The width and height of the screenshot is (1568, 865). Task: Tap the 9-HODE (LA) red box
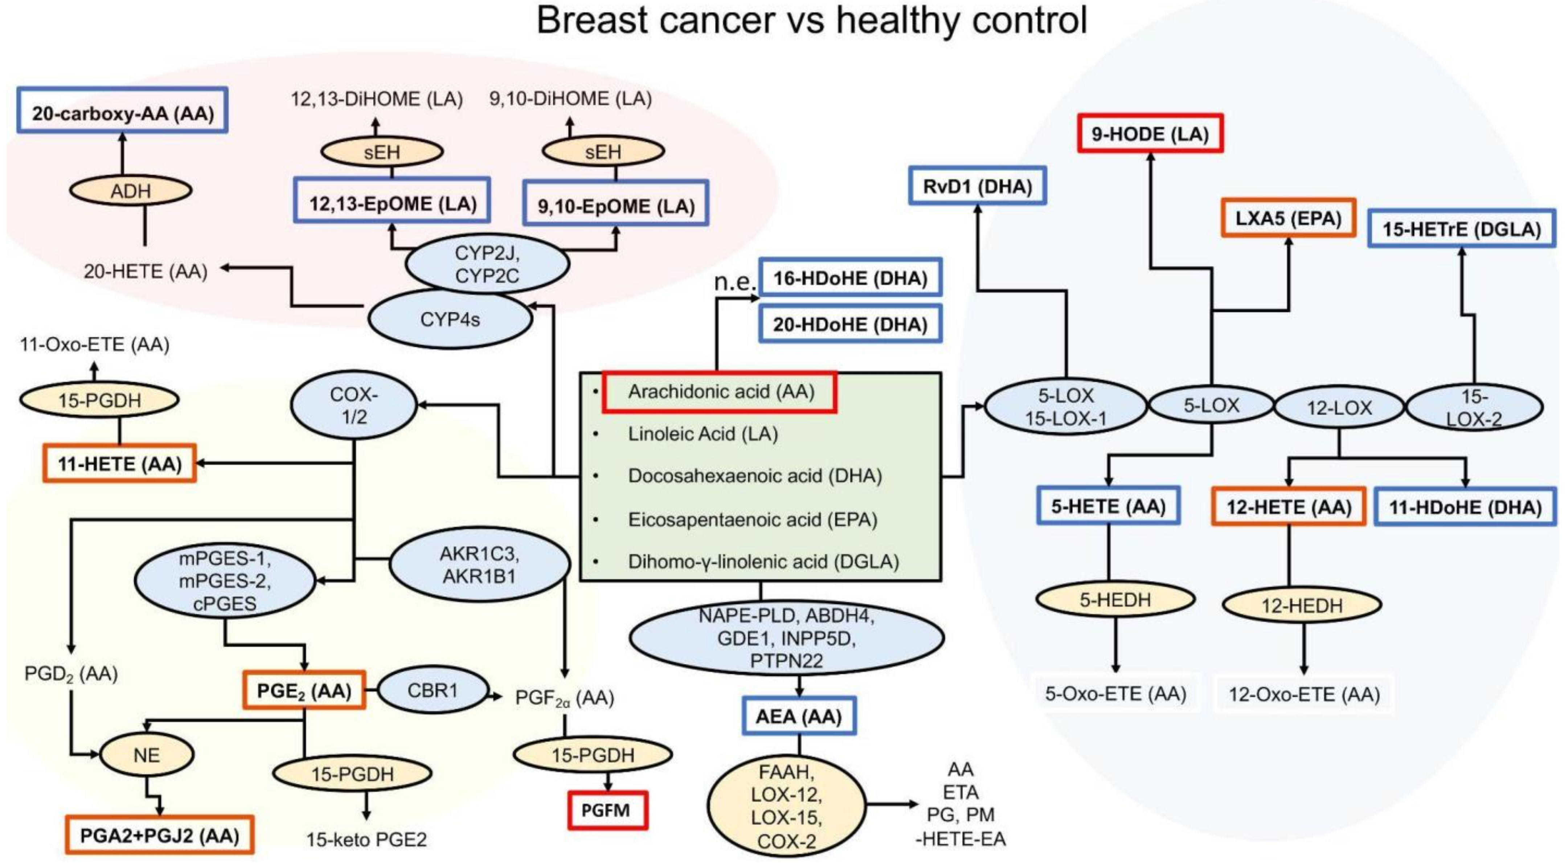tap(1150, 133)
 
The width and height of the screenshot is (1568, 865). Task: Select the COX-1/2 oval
tap(354, 405)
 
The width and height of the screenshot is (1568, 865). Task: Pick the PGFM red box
tap(607, 810)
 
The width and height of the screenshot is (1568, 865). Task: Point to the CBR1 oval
tap(433, 690)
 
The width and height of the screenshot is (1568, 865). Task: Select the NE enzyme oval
tap(147, 755)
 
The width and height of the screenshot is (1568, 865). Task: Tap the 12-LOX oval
tap(1339, 407)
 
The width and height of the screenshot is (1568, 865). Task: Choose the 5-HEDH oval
tap(1115, 600)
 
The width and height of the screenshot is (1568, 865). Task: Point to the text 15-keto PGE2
tap(367, 840)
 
